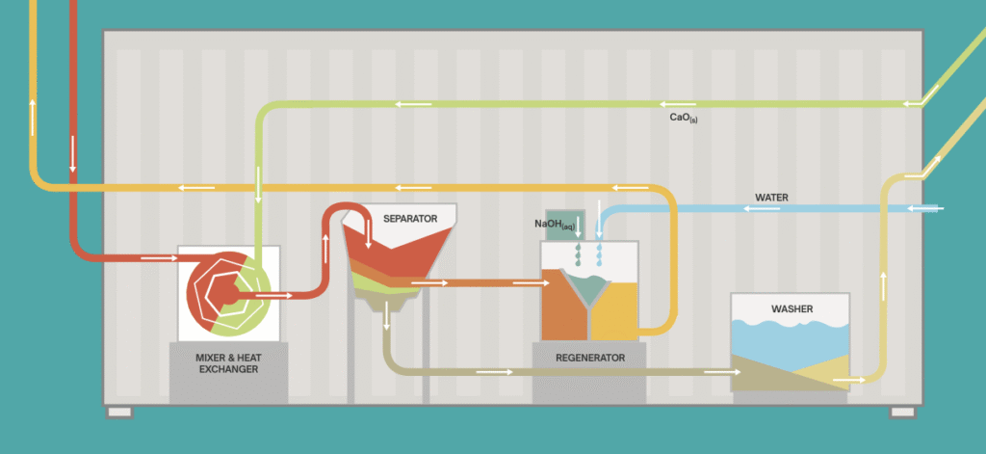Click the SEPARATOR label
[x=410, y=219]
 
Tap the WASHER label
[x=791, y=309]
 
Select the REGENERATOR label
[x=590, y=359]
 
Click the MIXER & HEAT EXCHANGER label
[x=228, y=363]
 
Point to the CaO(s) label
[x=684, y=118]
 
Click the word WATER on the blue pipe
[x=771, y=198]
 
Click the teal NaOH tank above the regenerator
[x=564, y=225]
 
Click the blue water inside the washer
[x=790, y=344]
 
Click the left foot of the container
[x=119, y=413]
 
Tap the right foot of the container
[x=902, y=413]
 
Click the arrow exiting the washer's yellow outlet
[x=849, y=381]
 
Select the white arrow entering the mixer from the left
[x=159, y=257]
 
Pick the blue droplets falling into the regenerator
[x=600, y=254]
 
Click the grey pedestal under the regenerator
[x=589, y=373]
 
